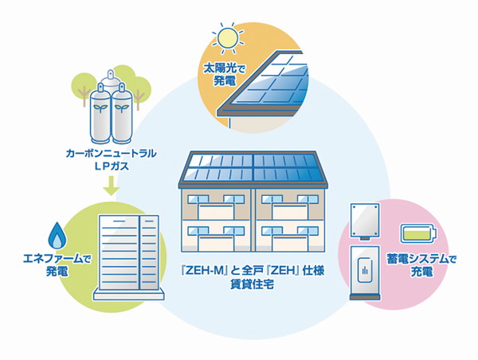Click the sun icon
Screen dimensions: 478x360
228,37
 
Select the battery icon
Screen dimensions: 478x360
418,233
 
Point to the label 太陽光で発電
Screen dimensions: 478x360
224,75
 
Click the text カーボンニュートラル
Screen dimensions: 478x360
111,154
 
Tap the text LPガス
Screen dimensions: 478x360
111,166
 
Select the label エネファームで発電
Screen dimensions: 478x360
57,265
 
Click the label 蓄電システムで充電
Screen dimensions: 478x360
421,265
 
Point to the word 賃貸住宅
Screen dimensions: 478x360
252,284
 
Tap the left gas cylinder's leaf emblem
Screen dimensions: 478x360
100,108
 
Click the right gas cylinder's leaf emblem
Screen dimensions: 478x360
122,108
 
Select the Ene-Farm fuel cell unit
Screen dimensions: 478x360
128,257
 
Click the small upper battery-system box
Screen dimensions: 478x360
365,221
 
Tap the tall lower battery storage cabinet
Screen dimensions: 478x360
365,273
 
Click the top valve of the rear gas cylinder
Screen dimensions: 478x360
111,75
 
